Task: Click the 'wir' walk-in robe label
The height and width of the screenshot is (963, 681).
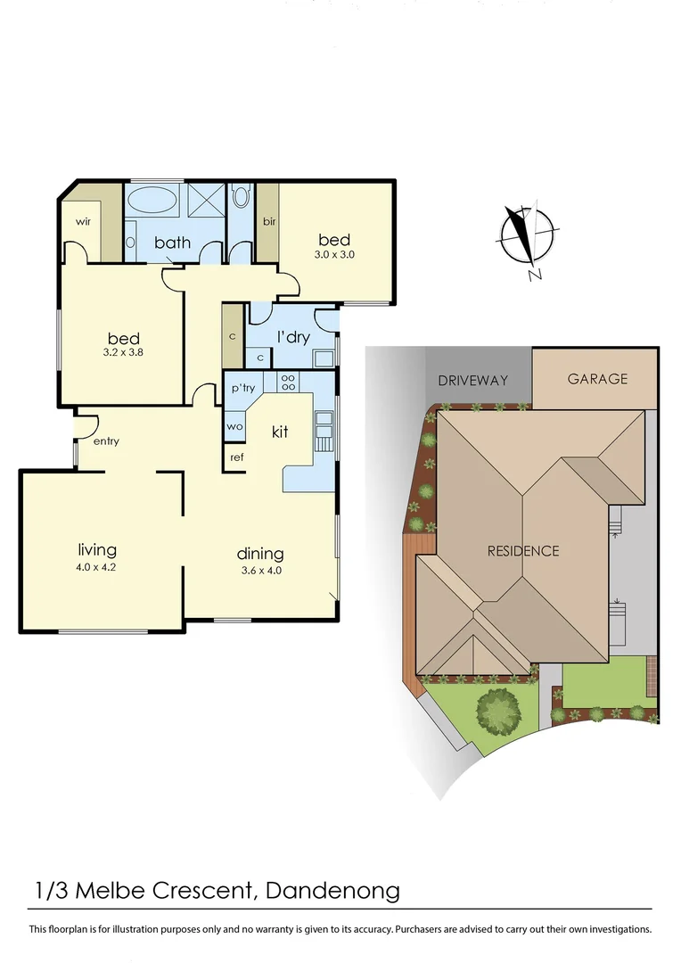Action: pyautogui.click(x=84, y=220)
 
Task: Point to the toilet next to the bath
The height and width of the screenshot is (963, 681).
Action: pyautogui.click(x=241, y=200)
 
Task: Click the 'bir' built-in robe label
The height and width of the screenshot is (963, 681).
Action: pyautogui.click(x=267, y=220)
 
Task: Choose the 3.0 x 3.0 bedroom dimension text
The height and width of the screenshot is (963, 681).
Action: pyautogui.click(x=334, y=254)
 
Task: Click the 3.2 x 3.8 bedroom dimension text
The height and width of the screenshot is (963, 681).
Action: pyautogui.click(x=124, y=353)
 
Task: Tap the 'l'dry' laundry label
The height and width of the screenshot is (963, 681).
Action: pyautogui.click(x=292, y=337)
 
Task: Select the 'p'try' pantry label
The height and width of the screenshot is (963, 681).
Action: pyautogui.click(x=243, y=388)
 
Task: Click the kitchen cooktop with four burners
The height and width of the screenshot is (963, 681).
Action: pyautogui.click(x=290, y=382)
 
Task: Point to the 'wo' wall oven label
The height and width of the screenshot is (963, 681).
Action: pyautogui.click(x=234, y=426)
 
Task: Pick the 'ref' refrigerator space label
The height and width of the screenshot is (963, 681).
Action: pyautogui.click(x=237, y=457)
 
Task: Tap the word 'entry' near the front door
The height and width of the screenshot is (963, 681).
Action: pyautogui.click(x=106, y=441)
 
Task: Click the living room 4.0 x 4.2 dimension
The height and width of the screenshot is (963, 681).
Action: pyautogui.click(x=97, y=566)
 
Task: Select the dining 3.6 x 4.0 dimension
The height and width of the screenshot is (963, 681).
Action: pyautogui.click(x=260, y=571)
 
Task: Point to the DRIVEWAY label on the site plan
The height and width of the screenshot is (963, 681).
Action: pyautogui.click(x=472, y=380)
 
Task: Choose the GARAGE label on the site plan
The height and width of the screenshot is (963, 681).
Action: pyautogui.click(x=597, y=378)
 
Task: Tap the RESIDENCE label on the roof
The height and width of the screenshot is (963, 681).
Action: pyautogui.click(x=523, y=551)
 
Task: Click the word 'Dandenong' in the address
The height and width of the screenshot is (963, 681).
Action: pyautogui.click(x=335, y=890)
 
